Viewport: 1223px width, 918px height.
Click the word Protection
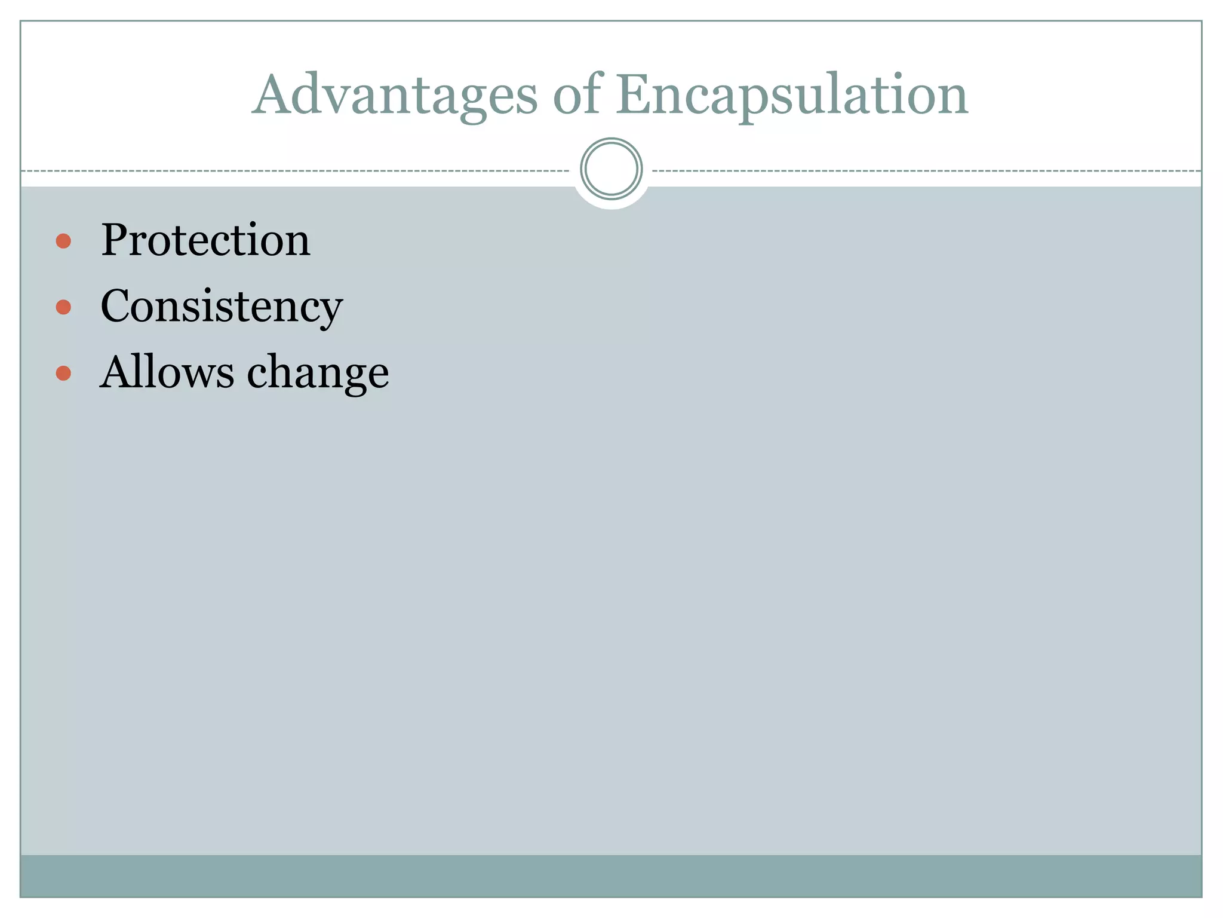click(x=205, y=240)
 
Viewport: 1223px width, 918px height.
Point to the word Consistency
click(x=222, y=307)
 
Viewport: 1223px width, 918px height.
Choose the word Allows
click(x=167, y=372)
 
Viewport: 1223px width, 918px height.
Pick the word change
click(x=318, y=373)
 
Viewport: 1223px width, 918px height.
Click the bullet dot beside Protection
click(x=63, y=241)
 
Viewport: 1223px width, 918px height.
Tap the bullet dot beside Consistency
click(x=63, y=307)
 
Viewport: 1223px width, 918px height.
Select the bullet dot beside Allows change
click(x=63, y=374)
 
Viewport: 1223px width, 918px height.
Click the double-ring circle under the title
click(x=611, y=169)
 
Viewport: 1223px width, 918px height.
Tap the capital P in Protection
click(x=115, y=240)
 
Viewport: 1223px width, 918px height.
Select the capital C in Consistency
click(x=116, y=306)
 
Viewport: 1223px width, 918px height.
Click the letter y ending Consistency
click(x=330, y=312)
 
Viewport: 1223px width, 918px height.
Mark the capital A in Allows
click(x=116, y=372)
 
